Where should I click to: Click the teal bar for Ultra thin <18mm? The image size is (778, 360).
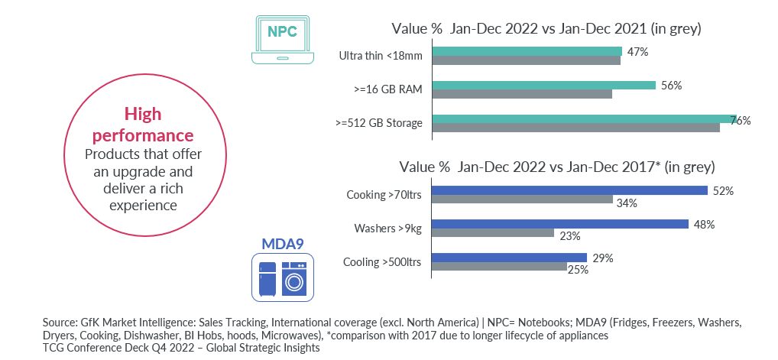pos(527,51)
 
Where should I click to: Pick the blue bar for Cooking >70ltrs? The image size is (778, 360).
pos(569,190)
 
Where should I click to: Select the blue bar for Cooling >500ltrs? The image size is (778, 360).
pos(509,258)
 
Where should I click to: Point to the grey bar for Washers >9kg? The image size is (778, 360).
pos(493,233)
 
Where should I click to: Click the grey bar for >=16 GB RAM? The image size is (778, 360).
pos(523,94)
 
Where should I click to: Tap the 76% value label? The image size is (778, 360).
pos(741,121)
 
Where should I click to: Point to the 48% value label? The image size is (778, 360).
pos(705,224)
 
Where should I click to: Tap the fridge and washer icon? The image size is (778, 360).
pos(283,277)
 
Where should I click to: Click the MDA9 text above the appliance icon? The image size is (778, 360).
pos(283,244)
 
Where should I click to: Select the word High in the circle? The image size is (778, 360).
pos(143,115)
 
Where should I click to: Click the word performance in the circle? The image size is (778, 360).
pos(143,136)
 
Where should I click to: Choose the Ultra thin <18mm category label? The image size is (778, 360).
pos(381,56)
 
